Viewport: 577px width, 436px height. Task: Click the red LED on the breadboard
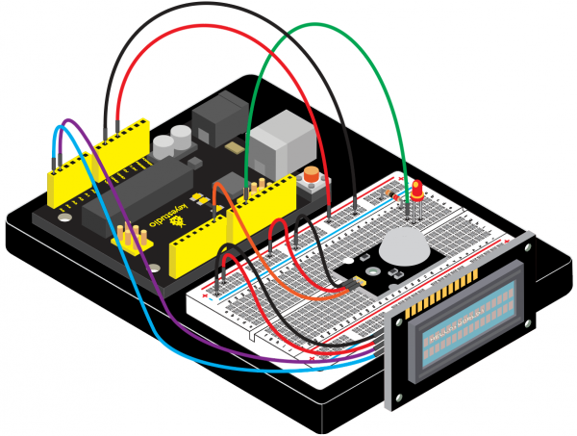pos(419,190)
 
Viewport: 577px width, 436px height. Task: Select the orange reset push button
pos(312,177)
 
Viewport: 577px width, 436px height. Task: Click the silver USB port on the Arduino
pos(272,145)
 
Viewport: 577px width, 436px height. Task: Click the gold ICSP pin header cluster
pos(128,237)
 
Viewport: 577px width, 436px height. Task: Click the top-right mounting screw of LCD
pos(528,244)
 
